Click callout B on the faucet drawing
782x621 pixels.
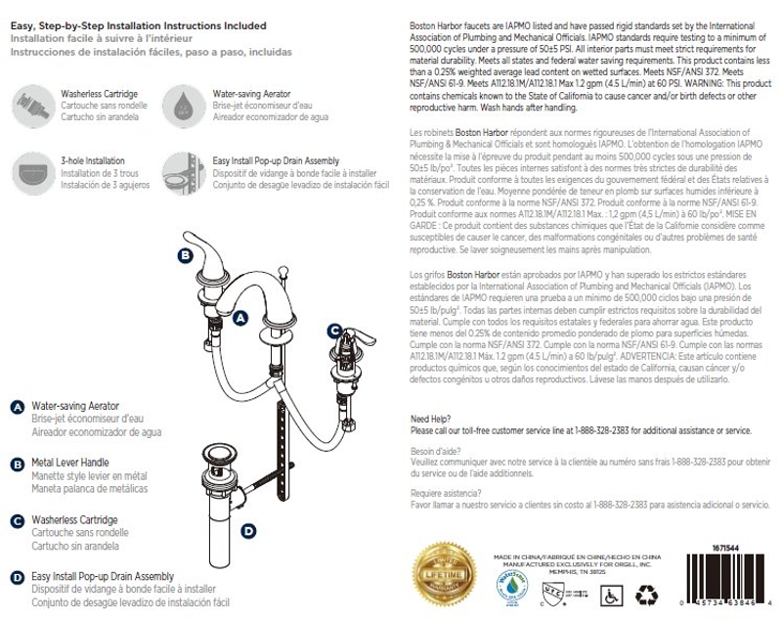pos(186,256)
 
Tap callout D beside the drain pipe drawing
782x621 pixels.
pos(248,531)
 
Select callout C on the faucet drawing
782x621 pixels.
pos(333,330)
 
